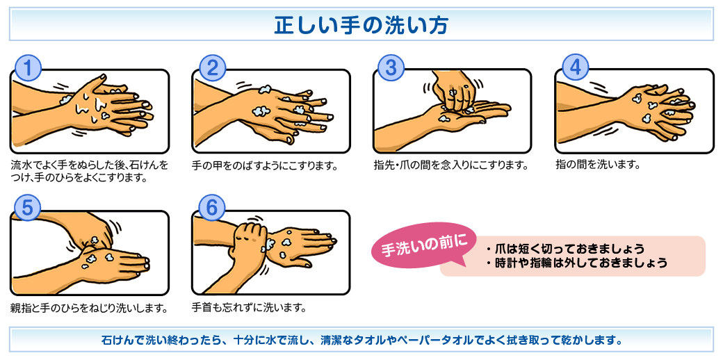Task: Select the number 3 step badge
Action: click(391, 68)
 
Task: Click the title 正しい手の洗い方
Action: click(361, 25)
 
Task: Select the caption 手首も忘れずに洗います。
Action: click(250, 307)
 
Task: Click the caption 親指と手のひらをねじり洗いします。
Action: click(89, 307)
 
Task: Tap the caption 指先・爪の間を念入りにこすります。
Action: click(450, 165)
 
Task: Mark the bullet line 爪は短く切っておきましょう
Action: click(564, 249)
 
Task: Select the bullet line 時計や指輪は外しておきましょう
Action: click(576, 263)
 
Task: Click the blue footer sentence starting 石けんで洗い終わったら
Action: click(361, 341)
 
